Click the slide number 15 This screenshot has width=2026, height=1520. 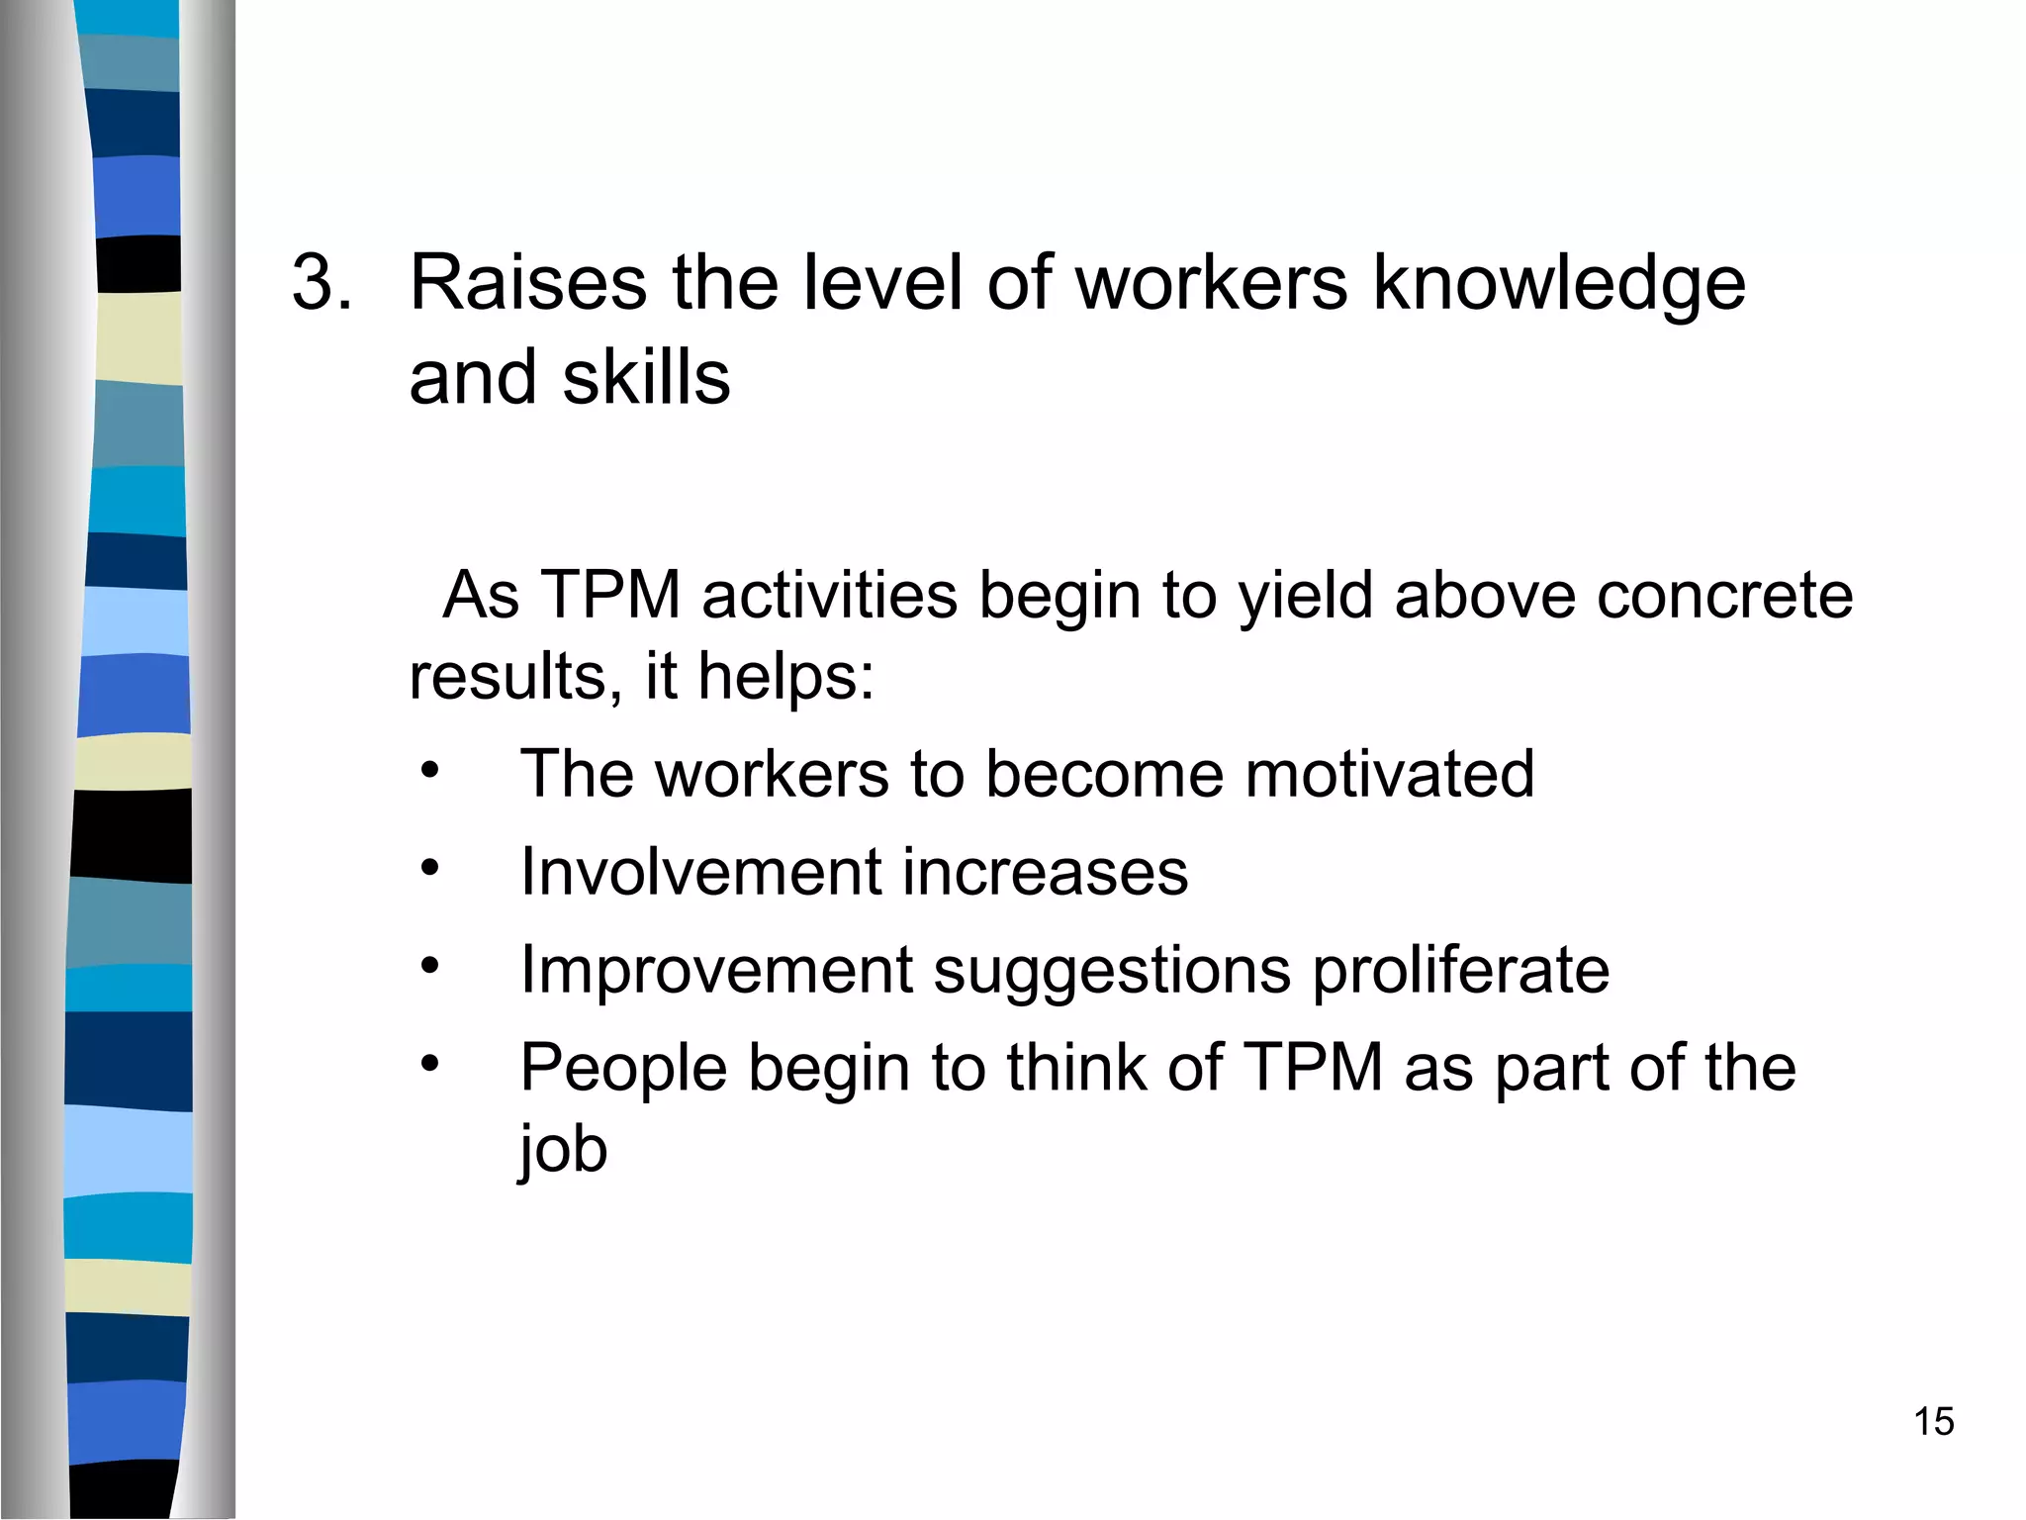[1933, 1422]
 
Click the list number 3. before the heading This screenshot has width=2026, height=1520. [322, 283]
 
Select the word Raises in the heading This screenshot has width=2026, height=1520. [528, 283]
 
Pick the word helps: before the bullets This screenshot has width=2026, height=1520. [786, 677]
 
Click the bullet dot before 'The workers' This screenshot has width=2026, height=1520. [428, 770]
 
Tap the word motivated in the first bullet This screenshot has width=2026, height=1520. [1389, 773]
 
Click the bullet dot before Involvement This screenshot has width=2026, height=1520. [428, 868]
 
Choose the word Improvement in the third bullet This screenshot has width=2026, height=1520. [716, 970]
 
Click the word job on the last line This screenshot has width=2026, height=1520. [563, 1151]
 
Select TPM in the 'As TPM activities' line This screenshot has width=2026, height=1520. [611, 596]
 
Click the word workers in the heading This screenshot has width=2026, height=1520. [1211, 283]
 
